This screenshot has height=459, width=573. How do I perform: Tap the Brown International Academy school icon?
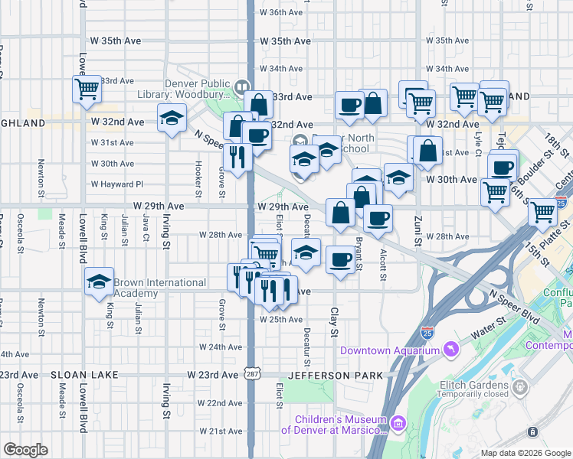[x=99, y=282]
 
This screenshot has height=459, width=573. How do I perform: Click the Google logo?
[x=26, y=450]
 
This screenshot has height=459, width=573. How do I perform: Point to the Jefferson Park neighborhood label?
[x=329, y=376]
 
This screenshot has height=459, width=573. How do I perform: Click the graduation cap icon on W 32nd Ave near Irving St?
[x=172, y=119]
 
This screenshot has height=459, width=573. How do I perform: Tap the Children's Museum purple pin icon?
[x=398, y=424]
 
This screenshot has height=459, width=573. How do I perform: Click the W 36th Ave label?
[x=281, y=13]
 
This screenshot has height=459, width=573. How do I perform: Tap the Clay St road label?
[x=334, y=321]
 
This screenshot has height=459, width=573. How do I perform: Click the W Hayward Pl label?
[x=117, y=184]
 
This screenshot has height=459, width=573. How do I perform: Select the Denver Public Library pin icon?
[x=243, y=86]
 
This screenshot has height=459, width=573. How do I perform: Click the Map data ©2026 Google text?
[x=526, y=453]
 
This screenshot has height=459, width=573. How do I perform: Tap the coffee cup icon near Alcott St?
[x=378, y=218]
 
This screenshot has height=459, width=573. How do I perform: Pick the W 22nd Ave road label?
[x=219, y=403]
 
